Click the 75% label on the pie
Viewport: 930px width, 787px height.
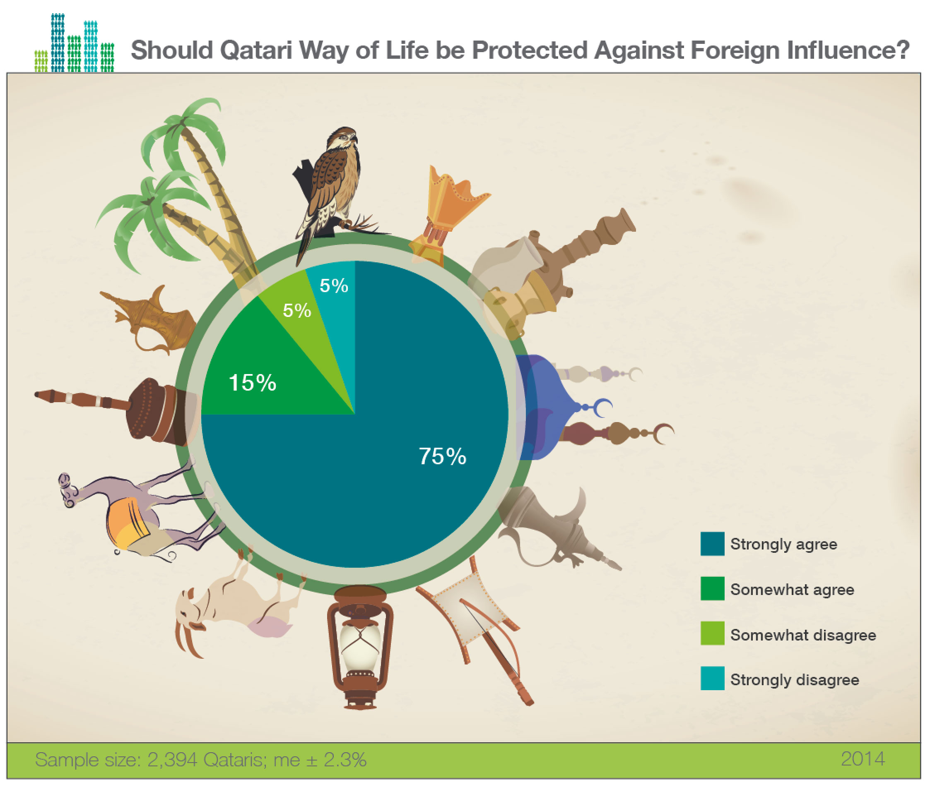(442, 456)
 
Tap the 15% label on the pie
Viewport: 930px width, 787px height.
(252, 383)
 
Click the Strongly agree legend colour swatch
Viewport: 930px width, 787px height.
(712, 544)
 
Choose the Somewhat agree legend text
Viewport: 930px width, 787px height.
(792, 589)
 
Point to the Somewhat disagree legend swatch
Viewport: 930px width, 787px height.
(712, 633)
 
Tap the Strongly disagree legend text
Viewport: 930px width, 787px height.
(795, 679)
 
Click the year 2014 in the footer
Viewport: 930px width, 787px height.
(863, 759)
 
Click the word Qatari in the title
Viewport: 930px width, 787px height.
(256, 50)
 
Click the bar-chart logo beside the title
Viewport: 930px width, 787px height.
(74, 43)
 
